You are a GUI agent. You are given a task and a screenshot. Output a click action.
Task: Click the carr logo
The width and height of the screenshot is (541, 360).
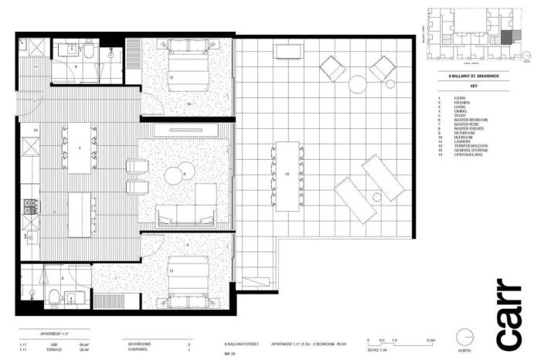pos(510,312)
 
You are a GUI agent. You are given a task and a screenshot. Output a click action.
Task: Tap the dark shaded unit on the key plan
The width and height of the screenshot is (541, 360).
pos(506,36)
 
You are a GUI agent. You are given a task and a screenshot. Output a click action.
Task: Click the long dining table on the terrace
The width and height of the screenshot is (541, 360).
pos(285,176)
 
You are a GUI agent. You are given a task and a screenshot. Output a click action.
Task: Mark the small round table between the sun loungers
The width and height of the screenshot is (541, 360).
pos(376,197)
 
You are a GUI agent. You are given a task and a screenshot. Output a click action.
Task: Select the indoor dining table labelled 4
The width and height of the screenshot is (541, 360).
pos(80,147)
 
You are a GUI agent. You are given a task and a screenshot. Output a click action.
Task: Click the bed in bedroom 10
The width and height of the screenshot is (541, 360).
pos(186,70)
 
